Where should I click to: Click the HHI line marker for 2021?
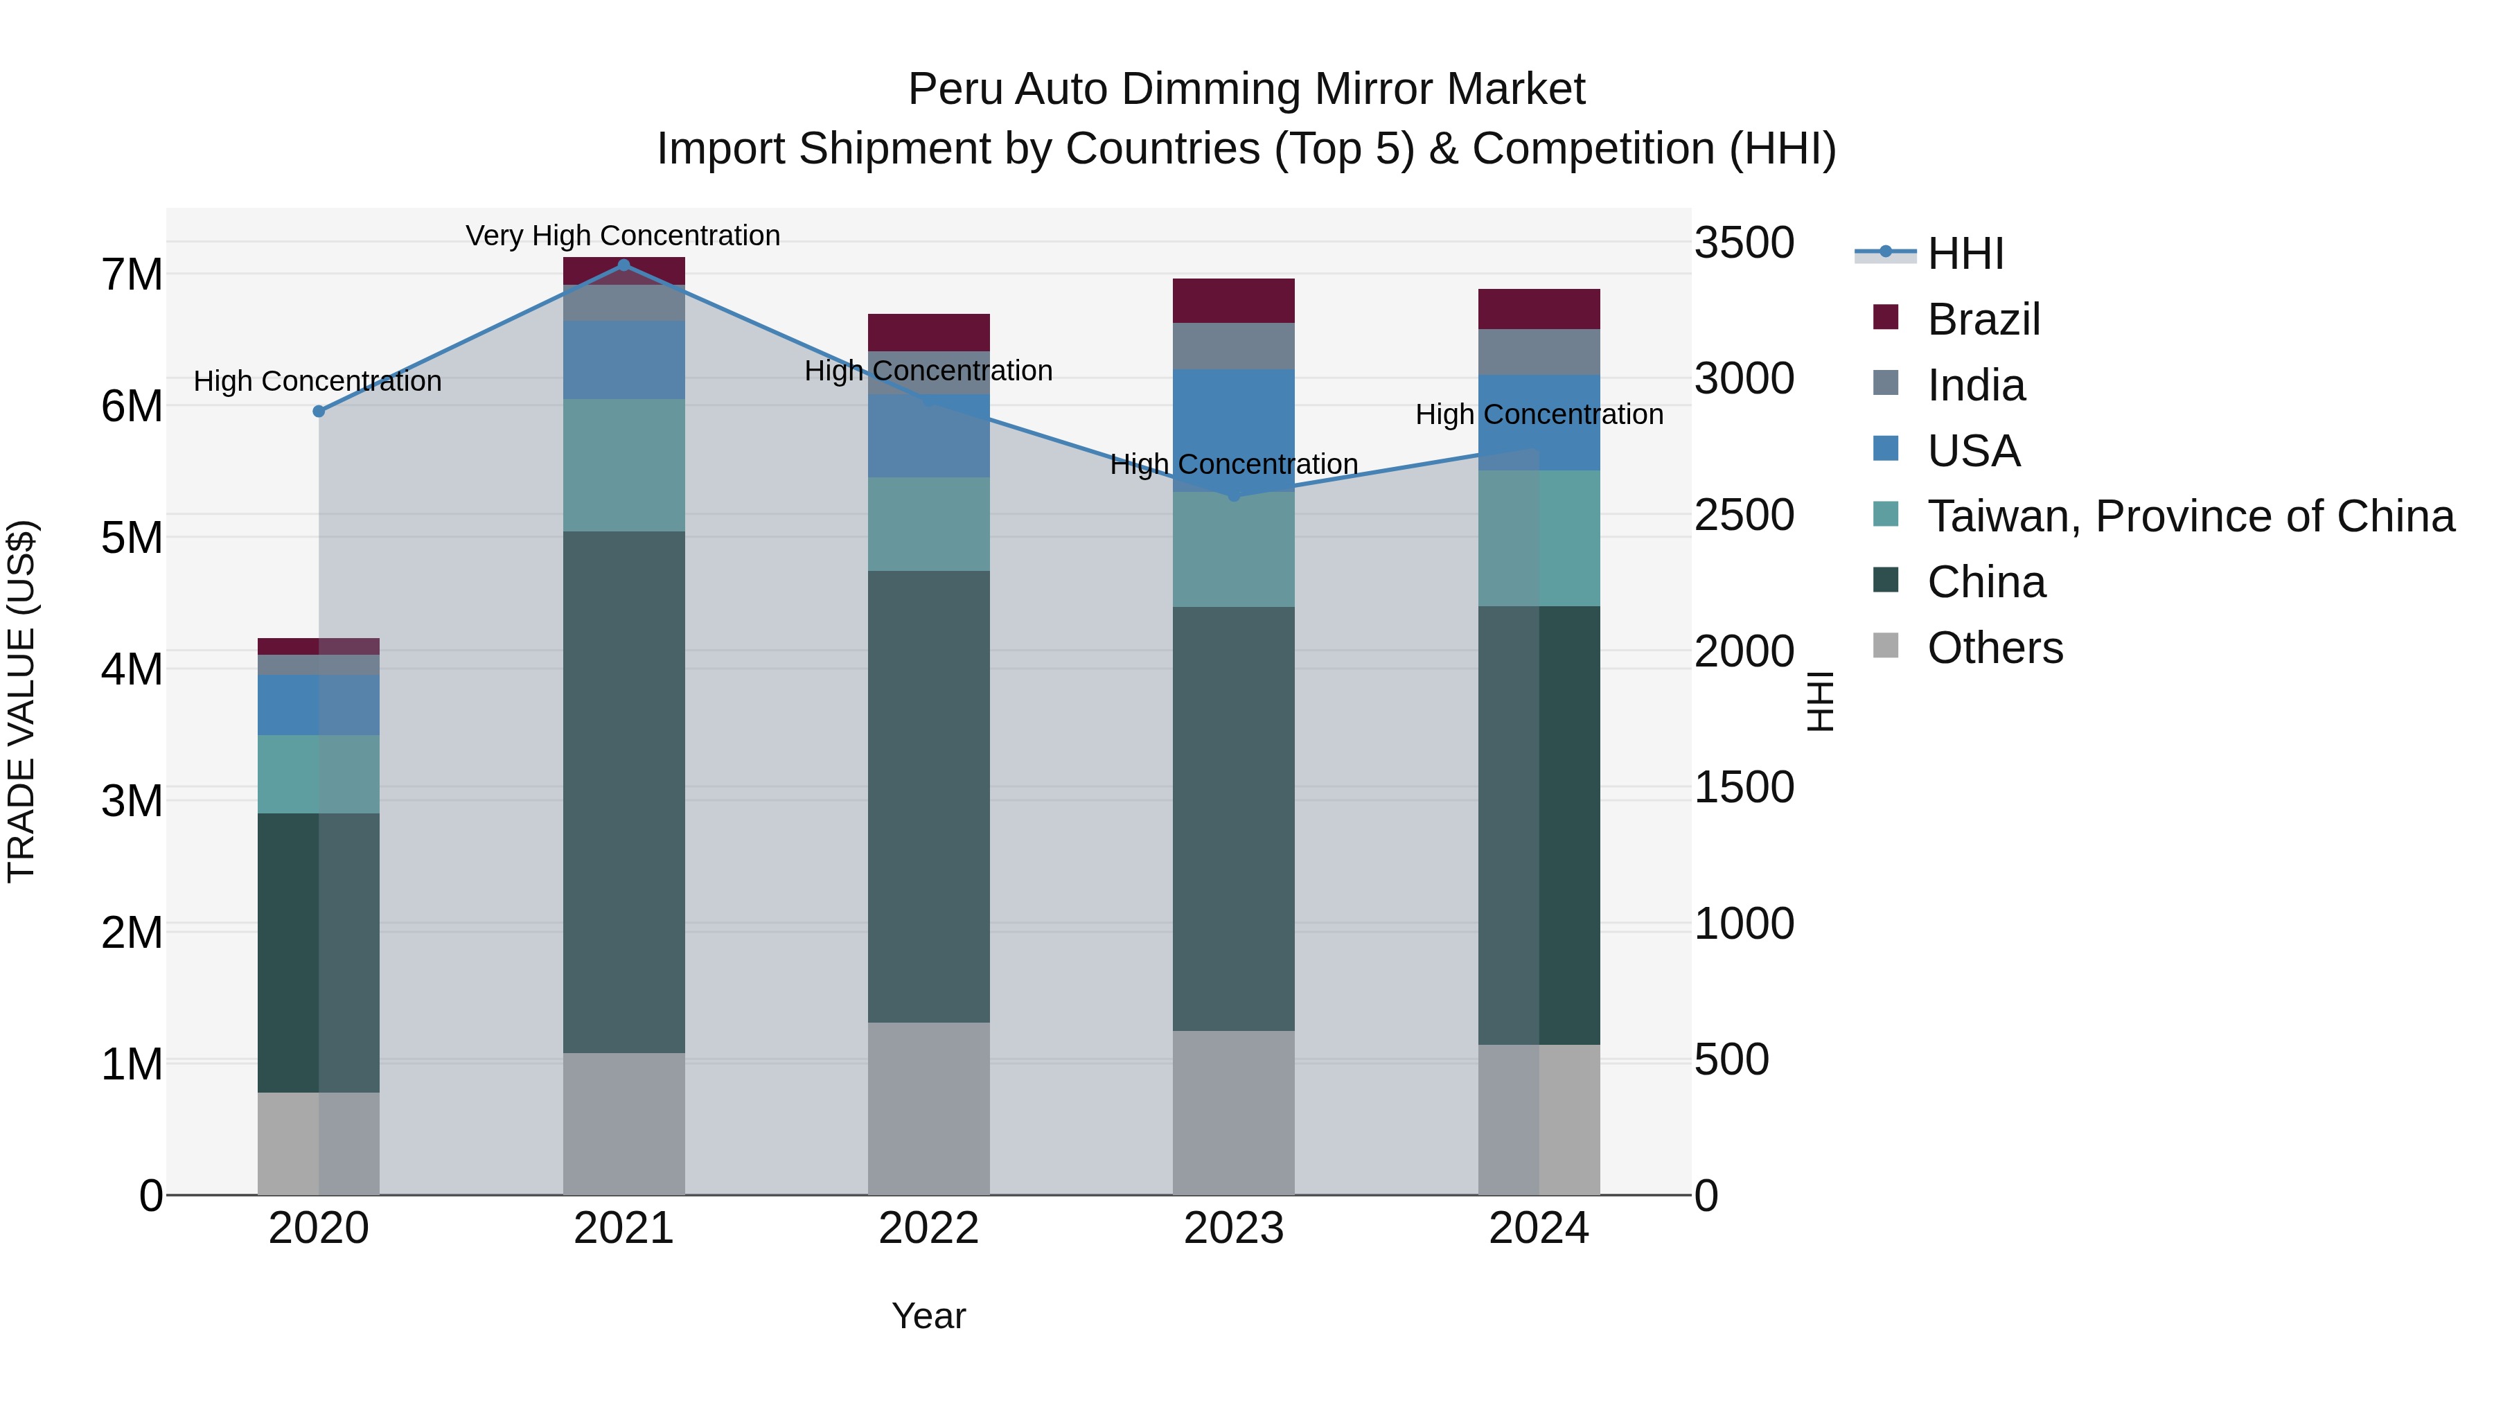point(623,265)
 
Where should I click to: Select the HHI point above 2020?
point(319,412)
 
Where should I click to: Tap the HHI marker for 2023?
point(1233,496)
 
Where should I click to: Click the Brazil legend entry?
point(1983,319)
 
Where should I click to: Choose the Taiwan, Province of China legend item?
point(2190,516)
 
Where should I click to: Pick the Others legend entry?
point(1995,648)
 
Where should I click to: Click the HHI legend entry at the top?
point(1965,254)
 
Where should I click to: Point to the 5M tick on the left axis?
point(132,538)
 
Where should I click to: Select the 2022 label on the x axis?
point(928,1228)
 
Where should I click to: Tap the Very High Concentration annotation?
point(623,236)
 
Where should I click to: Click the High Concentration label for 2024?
point(1539,414)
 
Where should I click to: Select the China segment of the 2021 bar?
point(623,791)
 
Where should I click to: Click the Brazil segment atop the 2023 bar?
point(1233,300)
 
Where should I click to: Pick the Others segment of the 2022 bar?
point(928,1108)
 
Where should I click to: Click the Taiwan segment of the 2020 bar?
point(319,774)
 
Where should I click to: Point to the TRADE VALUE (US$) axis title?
point(21,701)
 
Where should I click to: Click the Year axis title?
point(928,1316)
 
